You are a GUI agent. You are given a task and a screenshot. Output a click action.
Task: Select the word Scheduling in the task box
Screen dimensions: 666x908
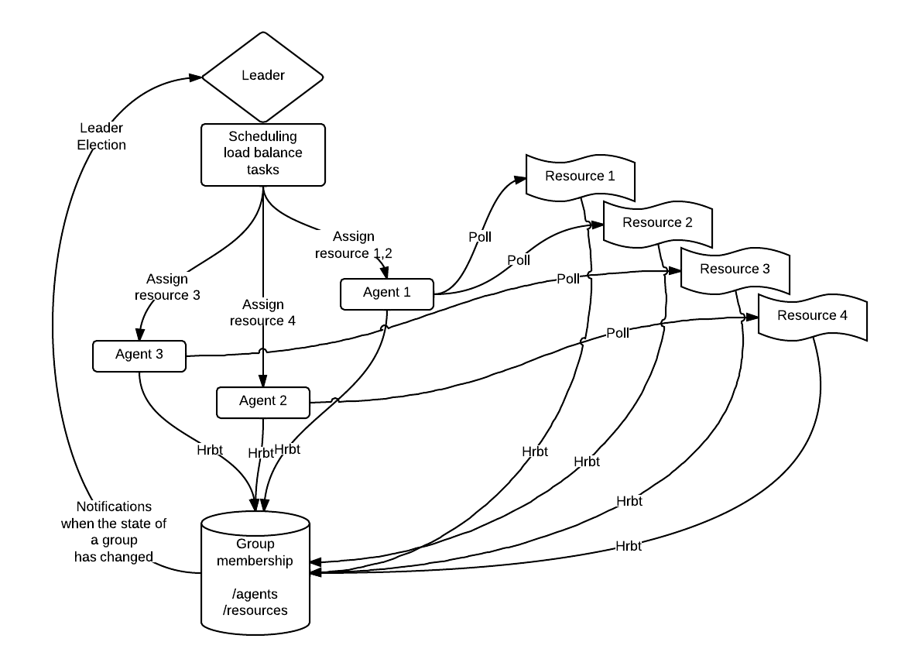262,136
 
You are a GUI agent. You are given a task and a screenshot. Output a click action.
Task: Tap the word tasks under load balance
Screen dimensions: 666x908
262,169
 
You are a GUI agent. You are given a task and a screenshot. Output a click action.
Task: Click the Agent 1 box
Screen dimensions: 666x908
386,294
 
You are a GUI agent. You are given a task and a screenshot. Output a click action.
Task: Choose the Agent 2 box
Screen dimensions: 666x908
262,403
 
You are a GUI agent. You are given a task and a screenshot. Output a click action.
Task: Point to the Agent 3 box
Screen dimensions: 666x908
139,356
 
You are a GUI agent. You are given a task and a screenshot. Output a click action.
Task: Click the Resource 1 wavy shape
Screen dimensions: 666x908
580,178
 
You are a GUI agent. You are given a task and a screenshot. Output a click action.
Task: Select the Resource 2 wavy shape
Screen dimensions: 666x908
657,225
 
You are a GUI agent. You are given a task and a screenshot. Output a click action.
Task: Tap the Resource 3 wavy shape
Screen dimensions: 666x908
735,271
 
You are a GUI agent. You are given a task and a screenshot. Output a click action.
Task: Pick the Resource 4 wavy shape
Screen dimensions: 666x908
812,318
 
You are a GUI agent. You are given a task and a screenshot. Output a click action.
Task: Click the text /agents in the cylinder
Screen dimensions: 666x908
255,594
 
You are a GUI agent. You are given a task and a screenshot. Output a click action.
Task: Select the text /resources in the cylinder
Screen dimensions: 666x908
255,610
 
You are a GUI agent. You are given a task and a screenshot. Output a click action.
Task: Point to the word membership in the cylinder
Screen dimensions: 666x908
255,561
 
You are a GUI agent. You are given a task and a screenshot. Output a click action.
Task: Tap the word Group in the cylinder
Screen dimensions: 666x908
255,544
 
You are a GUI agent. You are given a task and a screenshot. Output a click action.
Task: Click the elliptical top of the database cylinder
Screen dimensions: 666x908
255,521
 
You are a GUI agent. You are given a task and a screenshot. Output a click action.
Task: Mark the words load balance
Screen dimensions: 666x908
262,153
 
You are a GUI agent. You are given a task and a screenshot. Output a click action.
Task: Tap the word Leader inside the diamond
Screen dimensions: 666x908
262,75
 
